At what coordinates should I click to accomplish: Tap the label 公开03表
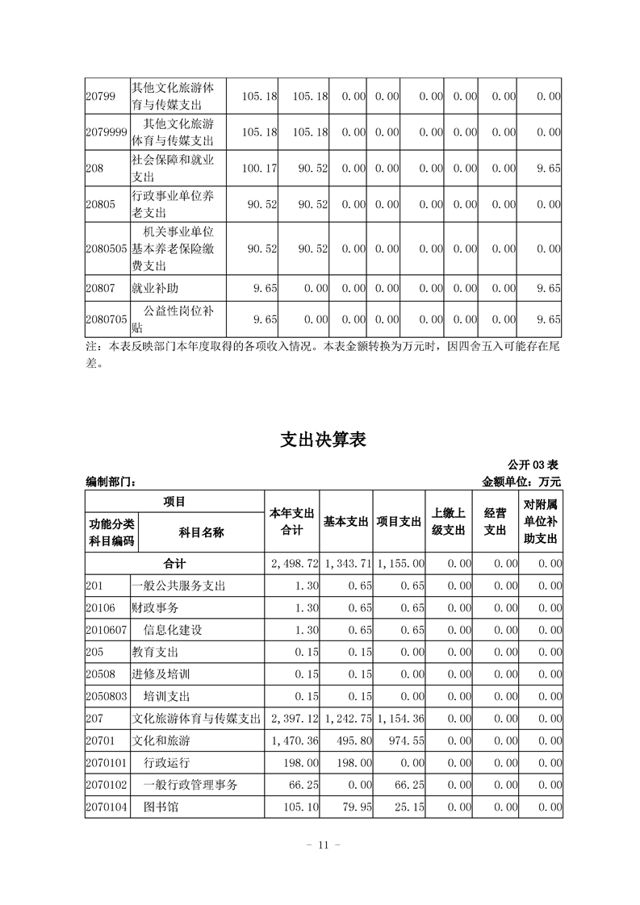(533, 465)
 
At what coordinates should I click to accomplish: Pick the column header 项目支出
(399, 522)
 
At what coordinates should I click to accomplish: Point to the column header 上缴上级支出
(449, 522)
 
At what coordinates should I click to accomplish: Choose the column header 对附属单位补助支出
(540, 522)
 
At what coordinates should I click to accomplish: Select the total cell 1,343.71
(348, 563)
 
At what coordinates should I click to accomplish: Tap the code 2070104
(107, 805)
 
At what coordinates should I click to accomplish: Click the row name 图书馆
(161, 805)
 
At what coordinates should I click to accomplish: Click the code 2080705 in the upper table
(107, 319)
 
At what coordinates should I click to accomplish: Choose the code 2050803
(107, 695)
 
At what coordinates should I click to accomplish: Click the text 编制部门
(111, 482)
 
